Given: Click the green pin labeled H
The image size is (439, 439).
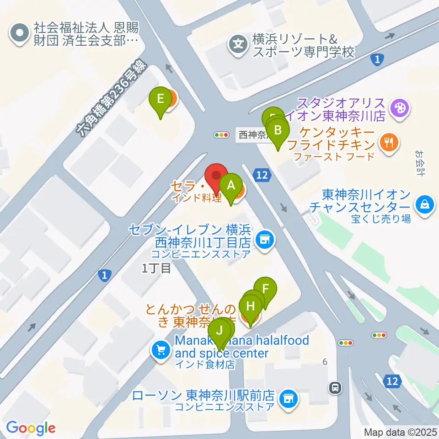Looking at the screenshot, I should (251, 305).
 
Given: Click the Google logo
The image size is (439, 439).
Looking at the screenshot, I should (31, 428).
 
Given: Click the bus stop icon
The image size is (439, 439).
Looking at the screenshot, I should (336, 388).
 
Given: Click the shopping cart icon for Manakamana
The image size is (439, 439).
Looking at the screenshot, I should (161, 351).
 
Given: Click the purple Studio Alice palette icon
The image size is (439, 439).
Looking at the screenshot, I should (400, 108).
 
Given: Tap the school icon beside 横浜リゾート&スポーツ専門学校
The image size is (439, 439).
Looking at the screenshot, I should (238, 45).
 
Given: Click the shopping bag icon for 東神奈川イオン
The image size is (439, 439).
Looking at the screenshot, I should (424, 204).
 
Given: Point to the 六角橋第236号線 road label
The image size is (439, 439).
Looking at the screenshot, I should (112, 98).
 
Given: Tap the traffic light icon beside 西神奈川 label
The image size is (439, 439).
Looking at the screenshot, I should (221, 135).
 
